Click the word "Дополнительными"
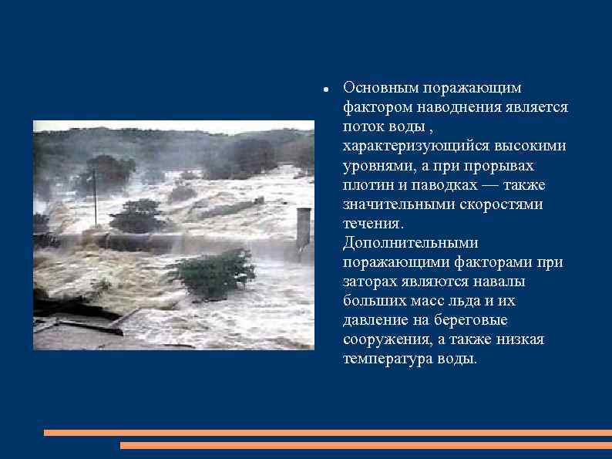411,243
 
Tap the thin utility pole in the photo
95,197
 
